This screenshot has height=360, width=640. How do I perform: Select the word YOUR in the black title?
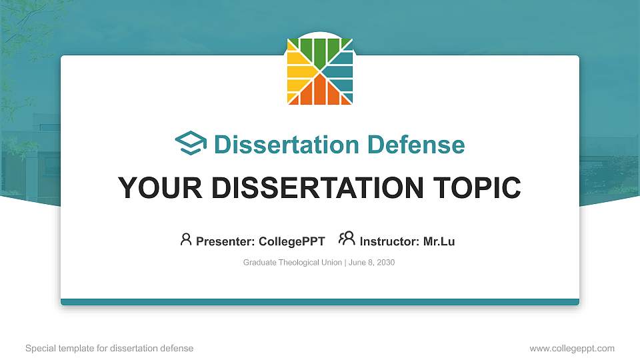coord(154,188)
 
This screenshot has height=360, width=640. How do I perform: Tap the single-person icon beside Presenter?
coord(186,239)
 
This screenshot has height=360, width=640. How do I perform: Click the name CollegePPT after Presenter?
coord(292,241)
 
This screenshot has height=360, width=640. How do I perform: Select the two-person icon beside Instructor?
coord(347,239)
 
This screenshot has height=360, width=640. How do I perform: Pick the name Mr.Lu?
coord(439,241)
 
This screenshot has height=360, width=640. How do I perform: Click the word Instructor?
coord(390,241)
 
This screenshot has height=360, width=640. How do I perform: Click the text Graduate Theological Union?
coord(292,263)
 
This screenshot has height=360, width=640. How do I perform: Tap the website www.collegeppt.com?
coord(572,348)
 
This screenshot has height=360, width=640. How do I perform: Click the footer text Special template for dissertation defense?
coord(109,348)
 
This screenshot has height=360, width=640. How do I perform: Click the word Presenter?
coord(223,241)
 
